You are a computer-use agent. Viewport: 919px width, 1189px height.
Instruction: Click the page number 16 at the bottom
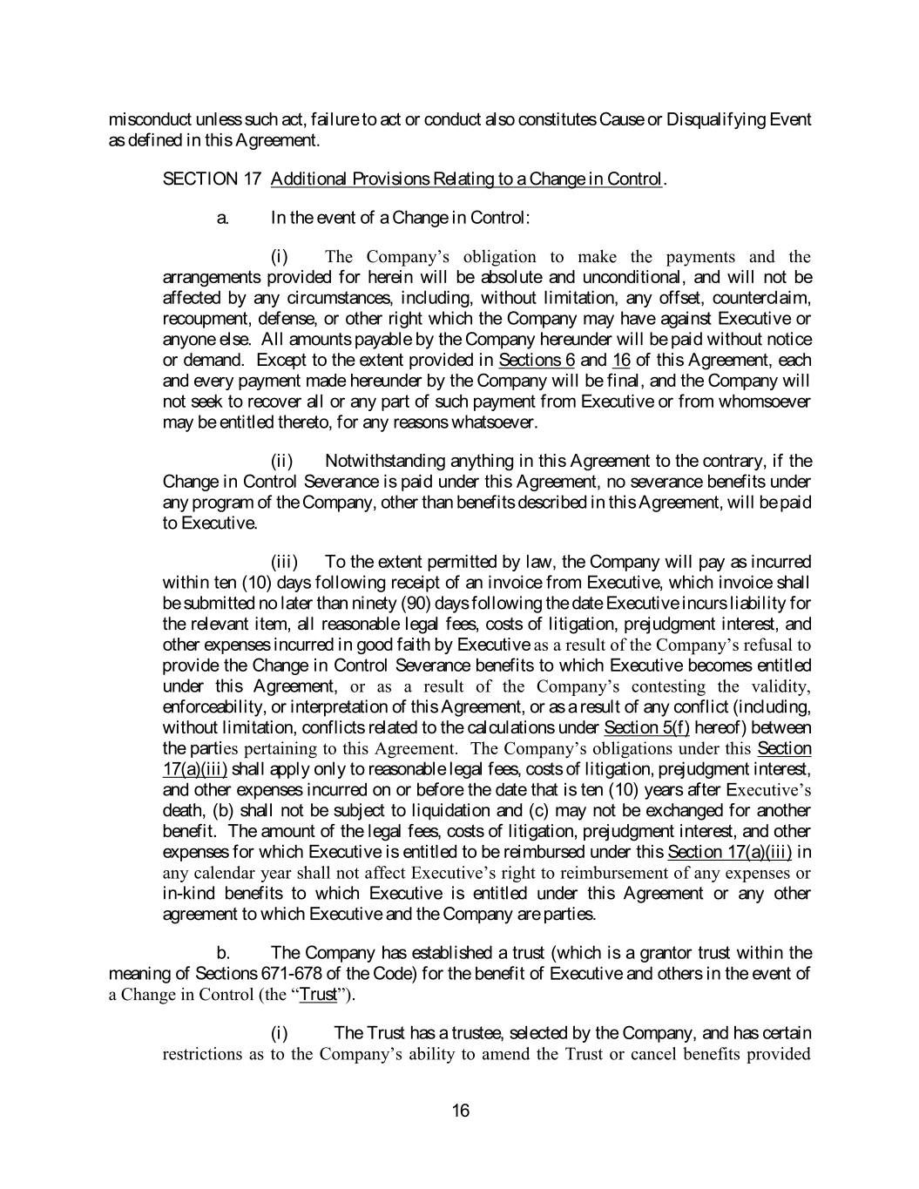pos(461,1111)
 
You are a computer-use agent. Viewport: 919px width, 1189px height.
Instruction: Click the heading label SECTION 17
pos(213,179)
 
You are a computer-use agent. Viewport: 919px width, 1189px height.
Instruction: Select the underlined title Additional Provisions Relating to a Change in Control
pos(466,179)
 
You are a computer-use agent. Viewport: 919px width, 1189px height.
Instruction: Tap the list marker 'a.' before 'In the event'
pos(223,218)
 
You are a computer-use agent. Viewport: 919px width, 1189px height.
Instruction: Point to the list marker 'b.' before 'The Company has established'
pos(223,953)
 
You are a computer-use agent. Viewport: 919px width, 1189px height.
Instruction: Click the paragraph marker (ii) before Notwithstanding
pos(281,461)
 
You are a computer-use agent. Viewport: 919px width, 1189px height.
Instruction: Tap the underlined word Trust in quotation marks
pos(318,995)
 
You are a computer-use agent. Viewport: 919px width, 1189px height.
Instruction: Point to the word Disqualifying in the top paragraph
pos(714,119)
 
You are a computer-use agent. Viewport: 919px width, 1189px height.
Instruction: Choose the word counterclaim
pos(761,298)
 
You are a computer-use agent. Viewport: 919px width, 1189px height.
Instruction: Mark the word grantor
pos(646,953)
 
